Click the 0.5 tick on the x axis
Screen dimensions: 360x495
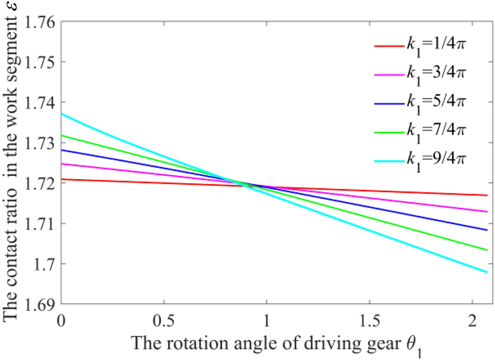pyautogui.click(x=164, y=320)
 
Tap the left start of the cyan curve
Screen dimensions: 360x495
pyautogui.click(x=61, y=113)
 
